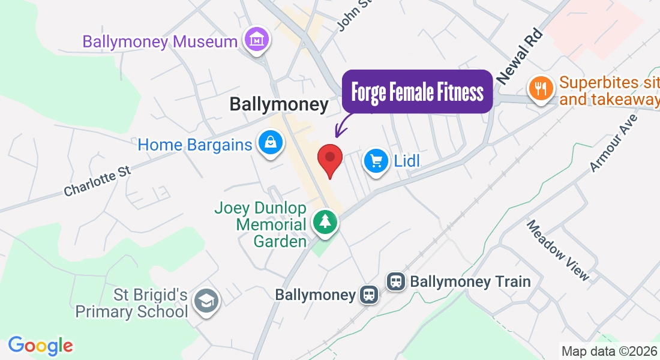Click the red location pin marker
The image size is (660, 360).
[x=329, y=158]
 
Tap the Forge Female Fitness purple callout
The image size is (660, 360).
[x=417, y=92]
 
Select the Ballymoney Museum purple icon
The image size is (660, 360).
[x=257, y=41]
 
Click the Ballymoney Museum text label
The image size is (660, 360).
[x=160, y=42]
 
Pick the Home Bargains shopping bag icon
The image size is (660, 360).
[x=271, y=143]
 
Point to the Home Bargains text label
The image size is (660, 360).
[x=195, y=145]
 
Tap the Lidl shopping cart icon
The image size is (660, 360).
[x=377, y=161]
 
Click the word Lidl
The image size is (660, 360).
[x=406, y=161]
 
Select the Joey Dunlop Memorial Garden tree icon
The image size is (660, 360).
[x=325, y=222]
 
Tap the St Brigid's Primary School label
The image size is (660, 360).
[x=131, y=304]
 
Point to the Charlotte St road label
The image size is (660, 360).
[x=97, y=181]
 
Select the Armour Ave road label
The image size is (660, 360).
[x=613, y=143]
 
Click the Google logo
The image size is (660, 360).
[x=41, y=346]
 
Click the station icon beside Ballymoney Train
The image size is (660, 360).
[x=396, y=281]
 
